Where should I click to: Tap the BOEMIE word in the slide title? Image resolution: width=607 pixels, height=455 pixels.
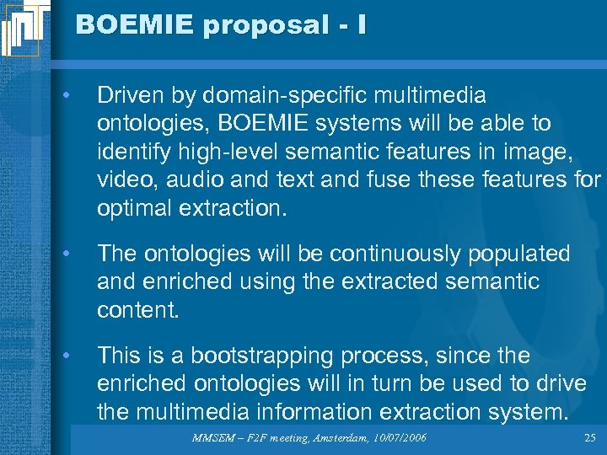[134, 25]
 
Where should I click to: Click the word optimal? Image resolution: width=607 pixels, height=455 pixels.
[134, 208]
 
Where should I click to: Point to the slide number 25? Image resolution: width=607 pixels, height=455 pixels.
[589, 438]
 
